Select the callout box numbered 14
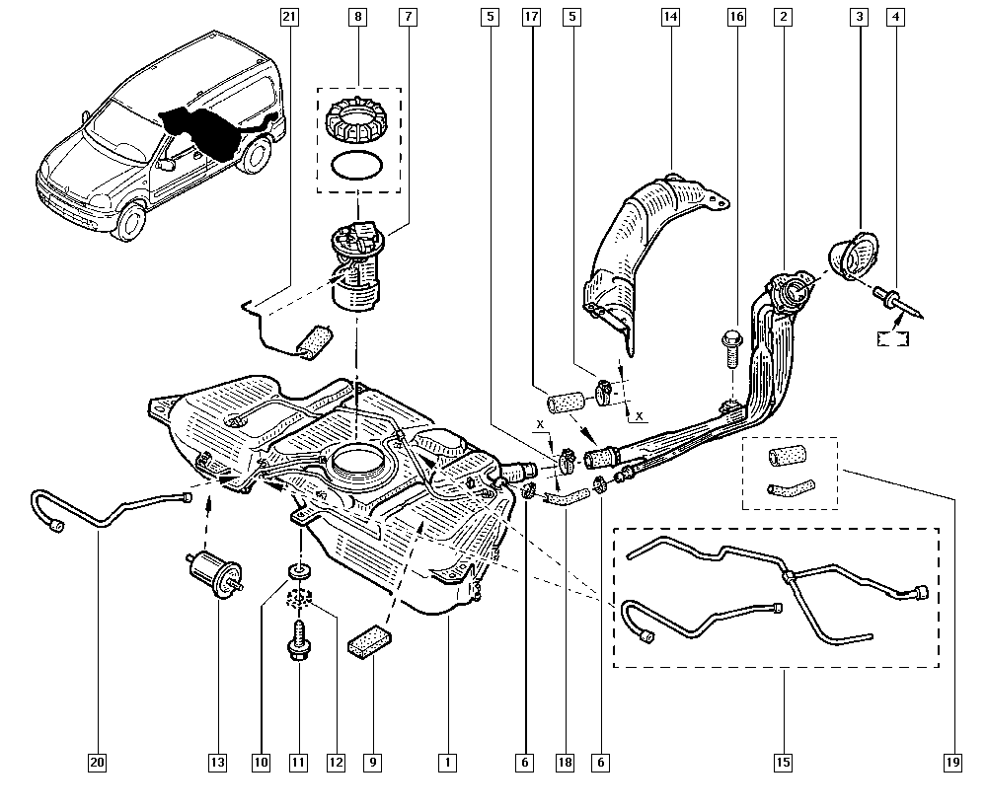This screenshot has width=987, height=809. coord(671,17)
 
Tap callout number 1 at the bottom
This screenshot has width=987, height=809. coord(448,762)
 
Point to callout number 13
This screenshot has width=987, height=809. coord(217,762)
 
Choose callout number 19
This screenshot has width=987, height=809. coord(952,762)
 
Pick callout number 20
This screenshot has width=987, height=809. coord(97,762)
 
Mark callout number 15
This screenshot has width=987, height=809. coord(783,762)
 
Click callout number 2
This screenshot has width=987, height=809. coord(783,17)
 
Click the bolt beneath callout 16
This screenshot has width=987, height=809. coord(730,345)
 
